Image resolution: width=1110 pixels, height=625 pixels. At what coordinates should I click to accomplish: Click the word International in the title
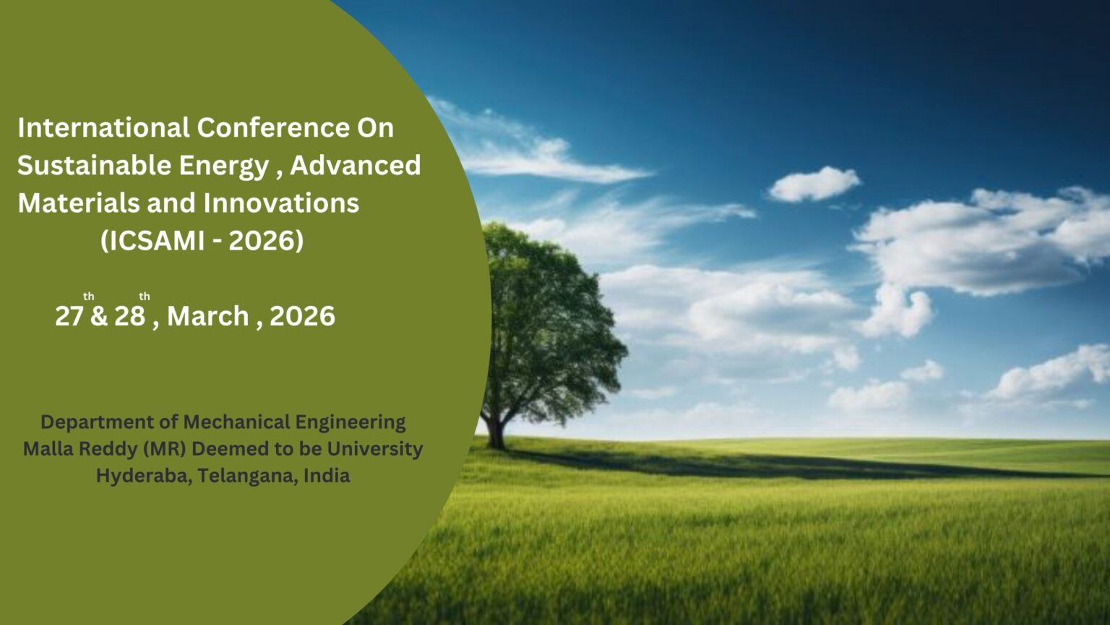click(103, 127)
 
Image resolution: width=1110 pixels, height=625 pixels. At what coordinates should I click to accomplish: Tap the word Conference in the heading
click(274, 127)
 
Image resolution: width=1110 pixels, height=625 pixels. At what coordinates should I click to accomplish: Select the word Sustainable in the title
click(94, 165)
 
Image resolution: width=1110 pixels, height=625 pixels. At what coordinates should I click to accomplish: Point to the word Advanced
click(356, 165)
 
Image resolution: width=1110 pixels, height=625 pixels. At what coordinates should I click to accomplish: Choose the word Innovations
click(281, 203)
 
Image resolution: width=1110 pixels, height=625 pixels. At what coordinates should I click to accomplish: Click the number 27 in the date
click(69, 316)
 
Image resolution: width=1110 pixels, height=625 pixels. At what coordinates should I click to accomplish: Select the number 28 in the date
click(130, 316)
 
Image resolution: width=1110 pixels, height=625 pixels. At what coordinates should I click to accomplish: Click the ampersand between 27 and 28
click(99, 316)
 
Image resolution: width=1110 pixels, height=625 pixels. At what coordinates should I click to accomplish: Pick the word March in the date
click(208, 316)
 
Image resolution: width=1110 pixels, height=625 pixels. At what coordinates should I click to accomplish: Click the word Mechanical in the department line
click(237, 422)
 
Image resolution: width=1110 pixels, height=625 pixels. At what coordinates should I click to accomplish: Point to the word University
click(375, 450)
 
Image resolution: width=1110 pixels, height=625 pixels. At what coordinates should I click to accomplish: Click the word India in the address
click(327, 475)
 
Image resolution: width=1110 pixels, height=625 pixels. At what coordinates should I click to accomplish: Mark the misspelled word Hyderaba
click(144, 476)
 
